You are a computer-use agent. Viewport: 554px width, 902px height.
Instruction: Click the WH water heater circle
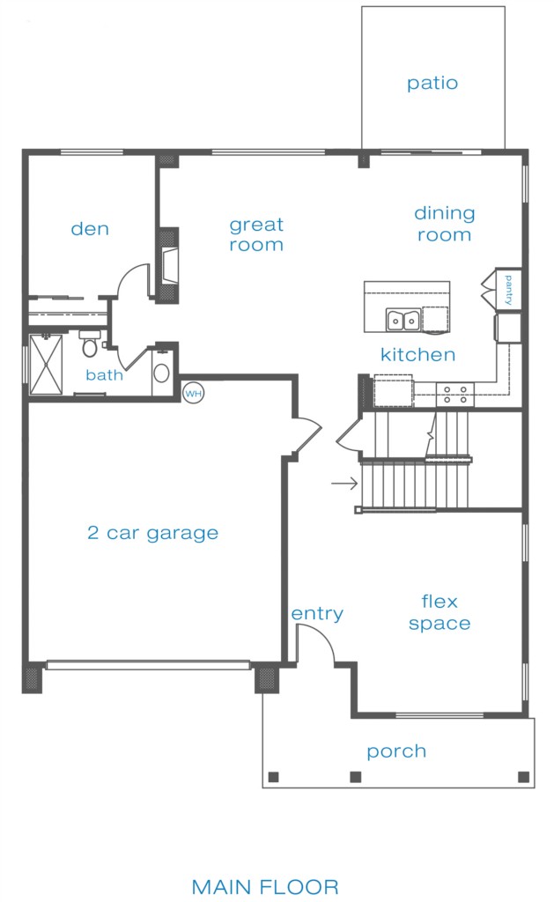(193, 394)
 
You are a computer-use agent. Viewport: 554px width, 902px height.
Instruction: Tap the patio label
(432, 84)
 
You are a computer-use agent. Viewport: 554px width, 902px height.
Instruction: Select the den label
(90, 229)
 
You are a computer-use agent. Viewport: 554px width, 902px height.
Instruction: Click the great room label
(256, 234)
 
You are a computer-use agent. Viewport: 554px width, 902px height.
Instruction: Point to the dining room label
(445, 224)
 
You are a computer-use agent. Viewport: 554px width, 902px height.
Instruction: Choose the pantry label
(508, 289)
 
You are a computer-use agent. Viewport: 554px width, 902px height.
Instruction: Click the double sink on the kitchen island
(403, 321)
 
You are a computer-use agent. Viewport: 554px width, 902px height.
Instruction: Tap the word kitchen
(418, 354)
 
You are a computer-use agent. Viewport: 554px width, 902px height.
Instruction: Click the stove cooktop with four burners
(455, 394)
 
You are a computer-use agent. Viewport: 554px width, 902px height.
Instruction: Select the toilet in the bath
(90, 343)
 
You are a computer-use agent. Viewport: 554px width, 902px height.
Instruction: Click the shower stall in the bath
(46, 365)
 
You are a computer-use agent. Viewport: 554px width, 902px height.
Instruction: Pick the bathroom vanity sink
(161, 373)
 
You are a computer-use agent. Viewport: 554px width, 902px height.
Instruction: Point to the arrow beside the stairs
(344, 484)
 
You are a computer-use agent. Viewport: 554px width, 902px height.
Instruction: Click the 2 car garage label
(153, 533)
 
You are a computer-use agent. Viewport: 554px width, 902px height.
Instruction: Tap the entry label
(317, 614)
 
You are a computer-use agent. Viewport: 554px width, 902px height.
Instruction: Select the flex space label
(440, 613)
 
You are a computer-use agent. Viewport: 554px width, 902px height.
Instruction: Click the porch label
(396, 752)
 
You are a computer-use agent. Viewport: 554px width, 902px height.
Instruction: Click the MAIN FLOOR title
(265, 886)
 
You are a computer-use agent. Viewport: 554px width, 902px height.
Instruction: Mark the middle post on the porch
(356, 777)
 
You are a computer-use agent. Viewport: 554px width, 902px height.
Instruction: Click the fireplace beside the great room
(168, 266)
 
